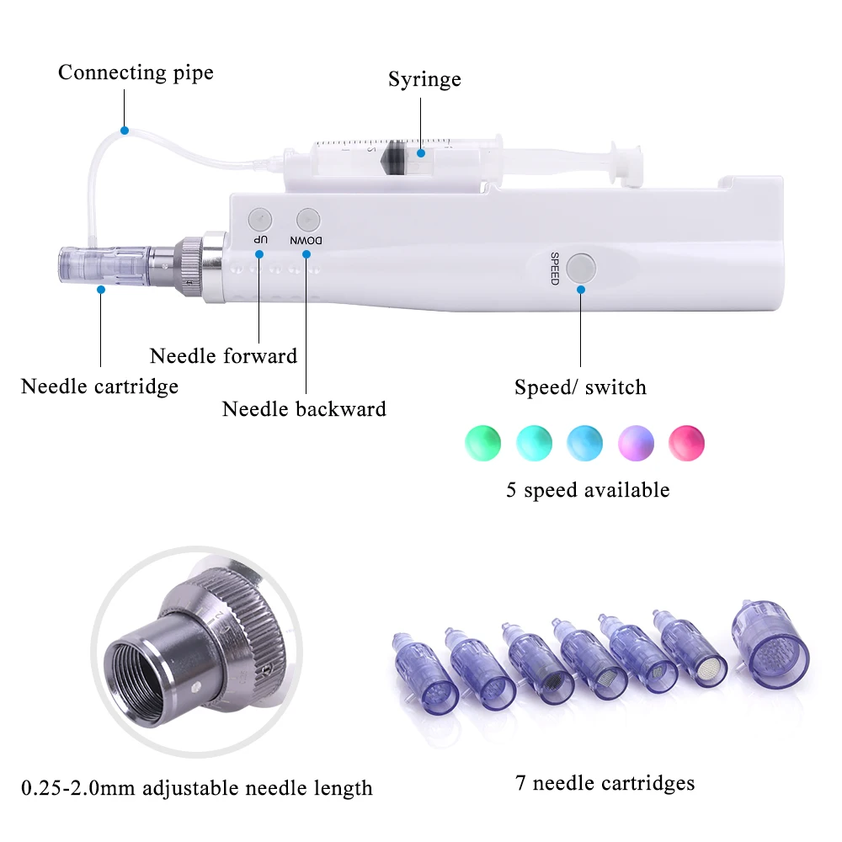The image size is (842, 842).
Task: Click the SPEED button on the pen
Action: pyautogui.click(x=581, y=268)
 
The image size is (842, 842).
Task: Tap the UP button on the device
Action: pyautogui.click(x=259, y=219)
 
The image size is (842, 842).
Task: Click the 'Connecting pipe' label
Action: pyautogui.click(x=136, y=72)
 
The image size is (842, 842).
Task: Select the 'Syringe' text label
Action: pyautogui.click(x=424, y=79)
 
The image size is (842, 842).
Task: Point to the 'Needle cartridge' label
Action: pyautogui.click(x=99, y=386)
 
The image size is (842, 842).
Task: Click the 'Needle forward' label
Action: pyautogui.click(x=223, y=355)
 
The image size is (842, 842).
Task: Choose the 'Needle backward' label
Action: pyautogui.click(x=304, y=409)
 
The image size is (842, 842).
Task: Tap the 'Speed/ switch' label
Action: pyautogui.click(x=580, y=387)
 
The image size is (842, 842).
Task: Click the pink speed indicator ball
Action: pyautogui.click(x=685, y=442)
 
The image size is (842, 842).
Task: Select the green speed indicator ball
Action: pyautogui.click(x=482, y=442)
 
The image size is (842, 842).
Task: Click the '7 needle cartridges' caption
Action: pyautogui.click(x=605, y=783)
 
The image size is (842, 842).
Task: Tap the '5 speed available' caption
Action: pyautogui.click(x=588, y=490)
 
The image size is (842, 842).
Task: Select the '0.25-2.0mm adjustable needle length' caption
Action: pyautogui.click(x=197, y=788)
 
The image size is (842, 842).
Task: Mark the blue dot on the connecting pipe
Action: pyautogui.click(x=124, y=131)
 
